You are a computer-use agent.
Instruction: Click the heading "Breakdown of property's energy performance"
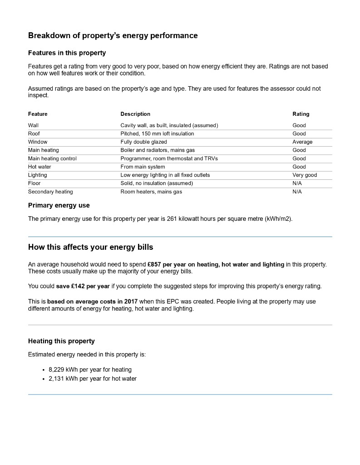(113, 35)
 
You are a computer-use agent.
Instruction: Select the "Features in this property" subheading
(67, 53)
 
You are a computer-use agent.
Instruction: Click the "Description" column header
(135, 114)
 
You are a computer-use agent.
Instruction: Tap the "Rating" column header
(301, 114)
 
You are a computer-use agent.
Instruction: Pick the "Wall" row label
(33, 125)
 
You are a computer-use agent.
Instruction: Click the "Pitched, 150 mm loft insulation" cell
(157, 134)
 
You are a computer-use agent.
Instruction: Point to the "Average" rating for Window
(302, 142)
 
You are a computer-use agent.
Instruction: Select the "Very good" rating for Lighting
(305, 175)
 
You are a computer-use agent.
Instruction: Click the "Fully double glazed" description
(143, 142)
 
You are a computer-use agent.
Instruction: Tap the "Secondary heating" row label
(50, 192)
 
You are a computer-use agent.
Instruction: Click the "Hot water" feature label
(39, 167)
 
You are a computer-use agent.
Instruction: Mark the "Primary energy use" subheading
(59, 205)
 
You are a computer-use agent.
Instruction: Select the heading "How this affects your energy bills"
(90, 247)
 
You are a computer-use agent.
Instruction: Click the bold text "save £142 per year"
(83, 286)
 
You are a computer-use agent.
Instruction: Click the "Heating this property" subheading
(61, 341)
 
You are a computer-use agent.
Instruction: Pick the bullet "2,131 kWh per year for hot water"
(92, 378)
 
